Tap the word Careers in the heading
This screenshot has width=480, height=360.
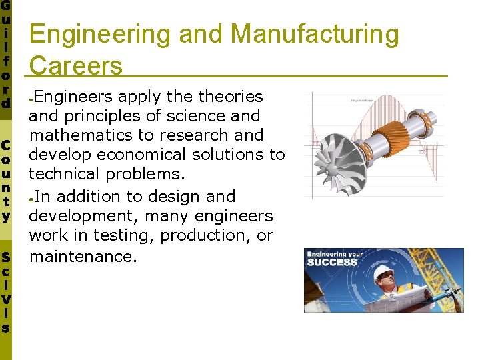point(76,65)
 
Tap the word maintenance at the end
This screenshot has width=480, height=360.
point(83,255)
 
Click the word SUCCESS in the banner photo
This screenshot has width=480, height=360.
point(332,262)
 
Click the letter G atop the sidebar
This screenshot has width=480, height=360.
point(6,6)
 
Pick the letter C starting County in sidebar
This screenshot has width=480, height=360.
point(6,145)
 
